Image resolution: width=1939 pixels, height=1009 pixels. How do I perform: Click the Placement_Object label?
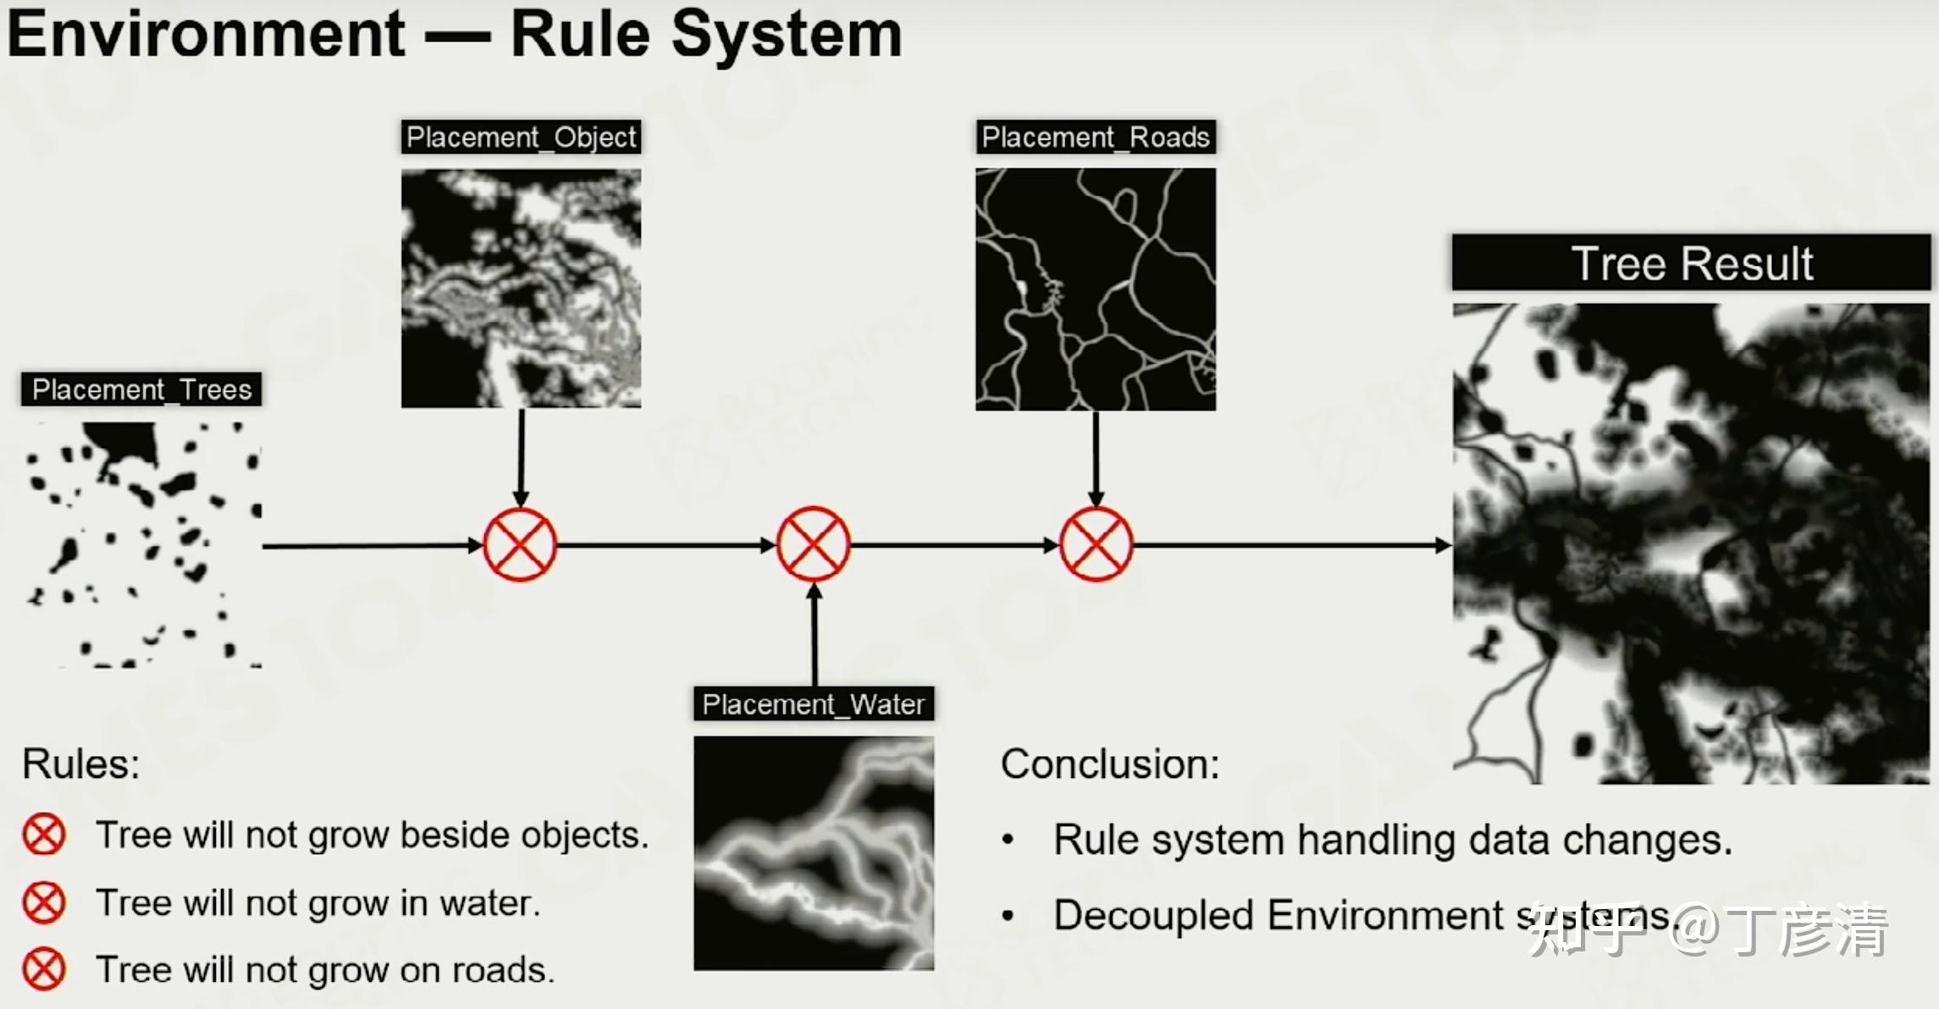click(521, 137)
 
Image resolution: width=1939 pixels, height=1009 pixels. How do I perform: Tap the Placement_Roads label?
click(1096, 137)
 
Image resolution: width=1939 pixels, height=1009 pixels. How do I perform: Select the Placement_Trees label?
click(141, 389)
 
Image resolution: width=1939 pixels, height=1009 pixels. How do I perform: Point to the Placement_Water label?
click(814, 704)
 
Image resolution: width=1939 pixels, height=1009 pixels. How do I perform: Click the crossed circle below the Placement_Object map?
click(520, 545)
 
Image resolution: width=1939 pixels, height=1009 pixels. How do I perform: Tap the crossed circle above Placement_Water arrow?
click(813, 545)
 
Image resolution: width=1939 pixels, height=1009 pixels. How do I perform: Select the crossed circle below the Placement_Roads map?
click(1096, 545)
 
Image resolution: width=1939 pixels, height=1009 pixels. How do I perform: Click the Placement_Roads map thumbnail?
click(1096, 289)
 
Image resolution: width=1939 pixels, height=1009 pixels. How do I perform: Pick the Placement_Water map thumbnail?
click(814, 853)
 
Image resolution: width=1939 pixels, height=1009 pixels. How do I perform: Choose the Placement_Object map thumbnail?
click(521, 289)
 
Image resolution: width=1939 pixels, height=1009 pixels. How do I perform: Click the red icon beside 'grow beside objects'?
click(44, 835)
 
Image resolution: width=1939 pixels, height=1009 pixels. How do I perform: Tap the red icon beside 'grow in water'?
click(44, 902)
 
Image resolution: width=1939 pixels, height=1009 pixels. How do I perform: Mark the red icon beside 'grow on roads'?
click(44, 969)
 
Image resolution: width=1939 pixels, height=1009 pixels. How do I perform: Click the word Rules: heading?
click(81, 764)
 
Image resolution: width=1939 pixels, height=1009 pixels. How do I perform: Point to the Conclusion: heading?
click(1110, 764)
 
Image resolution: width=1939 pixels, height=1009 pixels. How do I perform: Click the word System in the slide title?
click(787, 36)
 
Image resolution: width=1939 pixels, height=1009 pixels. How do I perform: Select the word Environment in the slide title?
click(207, 36)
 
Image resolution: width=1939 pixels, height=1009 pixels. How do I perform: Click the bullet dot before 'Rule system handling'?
click(1008, 841)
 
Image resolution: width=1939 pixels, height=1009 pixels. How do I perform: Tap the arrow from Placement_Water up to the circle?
click(815, 635)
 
